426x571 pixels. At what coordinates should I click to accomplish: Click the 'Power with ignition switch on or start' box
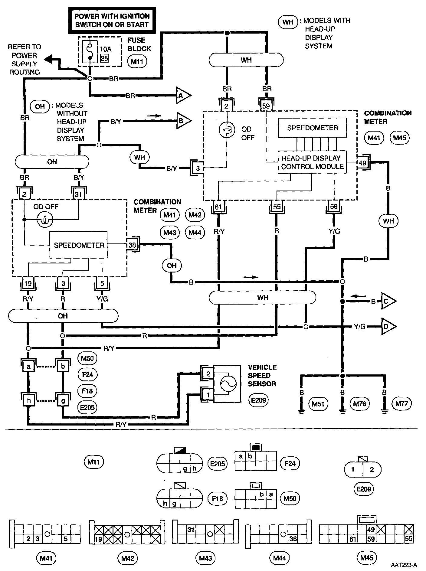point(112,20)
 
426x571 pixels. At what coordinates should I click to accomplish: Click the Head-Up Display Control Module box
point(312,162)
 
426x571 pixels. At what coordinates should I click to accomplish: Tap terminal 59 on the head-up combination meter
point(266,106)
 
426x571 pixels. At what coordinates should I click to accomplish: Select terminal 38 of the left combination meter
point(132,245)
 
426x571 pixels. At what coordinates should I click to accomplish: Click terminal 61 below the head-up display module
point(218,207)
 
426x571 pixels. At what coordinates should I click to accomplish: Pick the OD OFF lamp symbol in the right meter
point(227,130)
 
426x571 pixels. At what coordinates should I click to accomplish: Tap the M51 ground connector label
point(318,403)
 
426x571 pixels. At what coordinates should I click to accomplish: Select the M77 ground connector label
point(401,403)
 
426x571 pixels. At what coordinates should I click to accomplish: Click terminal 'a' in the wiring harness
point(29,367)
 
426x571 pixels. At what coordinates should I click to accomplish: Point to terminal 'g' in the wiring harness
point(63,401)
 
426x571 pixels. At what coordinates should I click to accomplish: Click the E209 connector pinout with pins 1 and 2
point(363,470)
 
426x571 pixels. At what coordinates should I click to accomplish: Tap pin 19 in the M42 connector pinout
point(99,539)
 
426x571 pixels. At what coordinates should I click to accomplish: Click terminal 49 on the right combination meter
point(362,163)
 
